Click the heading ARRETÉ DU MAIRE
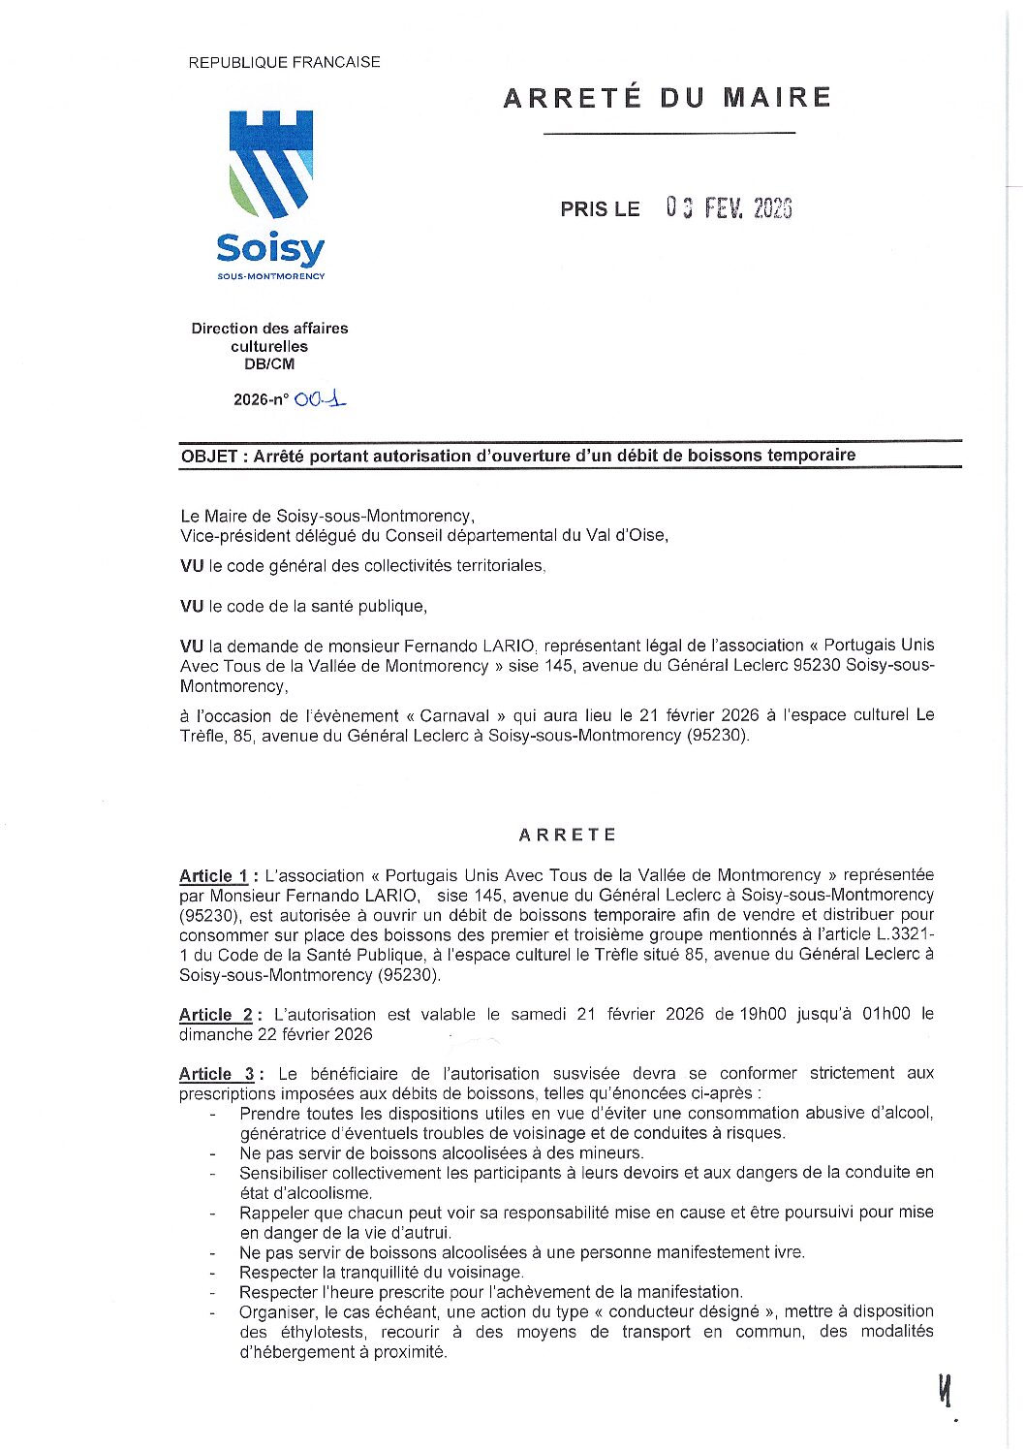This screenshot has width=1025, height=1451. tap(667, 98)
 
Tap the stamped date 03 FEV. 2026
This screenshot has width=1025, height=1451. tap(729, 208)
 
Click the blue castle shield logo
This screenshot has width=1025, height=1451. tap(270, 163)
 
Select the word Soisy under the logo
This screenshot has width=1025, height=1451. tap(270, 249)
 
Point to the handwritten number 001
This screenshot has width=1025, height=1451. tap(321, 398)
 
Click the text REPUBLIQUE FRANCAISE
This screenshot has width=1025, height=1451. tap(284, 62)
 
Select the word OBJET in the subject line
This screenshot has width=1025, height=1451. tap(209, 456)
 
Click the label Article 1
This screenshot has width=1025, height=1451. tap(213, 876)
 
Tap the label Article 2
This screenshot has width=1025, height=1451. tap(216, 1015)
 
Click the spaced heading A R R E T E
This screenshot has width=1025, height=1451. tap(567, 835)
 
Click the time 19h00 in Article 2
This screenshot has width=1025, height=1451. tap(763, 1014)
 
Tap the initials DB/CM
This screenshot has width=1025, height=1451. tap(269, 364)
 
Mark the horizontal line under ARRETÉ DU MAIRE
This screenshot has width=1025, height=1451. tap(668, 133)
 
